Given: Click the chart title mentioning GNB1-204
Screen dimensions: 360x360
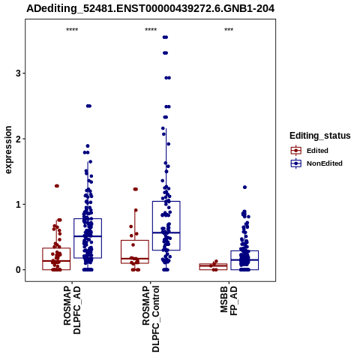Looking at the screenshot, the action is point(151,8).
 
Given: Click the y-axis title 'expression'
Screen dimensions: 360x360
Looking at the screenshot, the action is point(8,150).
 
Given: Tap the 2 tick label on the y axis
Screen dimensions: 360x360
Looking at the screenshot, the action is point(18,139).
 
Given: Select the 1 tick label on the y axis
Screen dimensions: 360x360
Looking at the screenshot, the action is point(18,204).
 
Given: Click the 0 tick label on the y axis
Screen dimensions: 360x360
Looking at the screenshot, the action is point(18,270).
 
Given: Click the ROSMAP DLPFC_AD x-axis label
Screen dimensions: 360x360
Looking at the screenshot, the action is point(72,310).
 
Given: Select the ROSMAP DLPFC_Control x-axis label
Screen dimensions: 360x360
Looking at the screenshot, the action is point(151,319).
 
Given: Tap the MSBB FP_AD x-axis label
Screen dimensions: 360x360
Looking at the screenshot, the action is point(229,301).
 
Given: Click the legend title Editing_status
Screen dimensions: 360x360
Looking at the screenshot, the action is point(320,136).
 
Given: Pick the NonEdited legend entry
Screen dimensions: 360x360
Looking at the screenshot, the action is point(316,163).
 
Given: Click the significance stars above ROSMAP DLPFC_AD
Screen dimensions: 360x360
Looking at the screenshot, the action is point(72,30).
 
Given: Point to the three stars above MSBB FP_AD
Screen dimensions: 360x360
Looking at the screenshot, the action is point(229,30).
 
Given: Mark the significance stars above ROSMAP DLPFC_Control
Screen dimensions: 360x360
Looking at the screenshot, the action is point(151,30).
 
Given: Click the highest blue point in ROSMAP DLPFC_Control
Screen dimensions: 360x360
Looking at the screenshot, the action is point(165,37).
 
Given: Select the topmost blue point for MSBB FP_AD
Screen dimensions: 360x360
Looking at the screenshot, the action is point(244,187).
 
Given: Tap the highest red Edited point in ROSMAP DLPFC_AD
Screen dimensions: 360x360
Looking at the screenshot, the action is point(57,186).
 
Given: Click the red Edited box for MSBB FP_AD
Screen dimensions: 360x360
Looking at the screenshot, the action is point(213,267).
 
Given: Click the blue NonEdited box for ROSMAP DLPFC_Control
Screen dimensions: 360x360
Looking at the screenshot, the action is point(166,226).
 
